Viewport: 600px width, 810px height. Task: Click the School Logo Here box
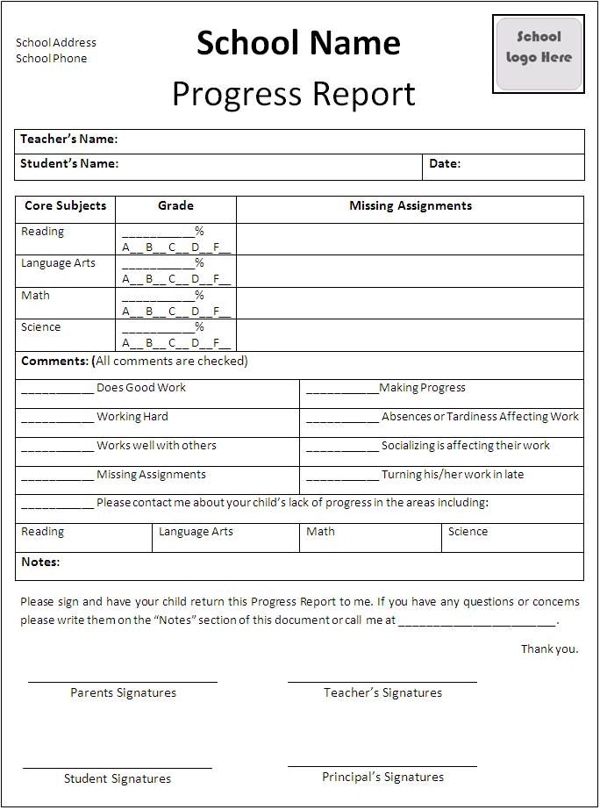coord(538,54)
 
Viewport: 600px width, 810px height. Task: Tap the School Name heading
coord(298,42)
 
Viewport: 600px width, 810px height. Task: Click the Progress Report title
coord(293,94)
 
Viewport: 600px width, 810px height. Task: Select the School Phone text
coord(51,59)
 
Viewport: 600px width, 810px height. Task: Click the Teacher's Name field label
coord(68,140)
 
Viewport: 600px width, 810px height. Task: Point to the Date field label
coord(445,164)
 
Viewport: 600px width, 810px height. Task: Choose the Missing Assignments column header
coord(410,206)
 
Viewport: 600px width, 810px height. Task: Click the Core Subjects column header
coord(65,206)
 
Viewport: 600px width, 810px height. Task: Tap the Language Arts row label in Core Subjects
coord(58,263)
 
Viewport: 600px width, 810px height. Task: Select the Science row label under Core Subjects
coord(41,327)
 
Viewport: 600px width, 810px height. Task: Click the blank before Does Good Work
coord(57,389)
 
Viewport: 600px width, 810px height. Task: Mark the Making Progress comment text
coord(422,388)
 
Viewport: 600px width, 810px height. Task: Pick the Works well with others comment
coord(156,446)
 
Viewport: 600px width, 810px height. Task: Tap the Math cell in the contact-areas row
coord(320,532)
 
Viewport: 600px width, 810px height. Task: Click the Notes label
coord(40,562)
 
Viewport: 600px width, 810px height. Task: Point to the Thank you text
coord(549,649)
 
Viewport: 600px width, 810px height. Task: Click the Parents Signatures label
coord(123,693)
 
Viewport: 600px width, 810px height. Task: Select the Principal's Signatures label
coord(382,778)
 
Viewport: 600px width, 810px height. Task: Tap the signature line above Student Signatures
coord(118,768)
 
